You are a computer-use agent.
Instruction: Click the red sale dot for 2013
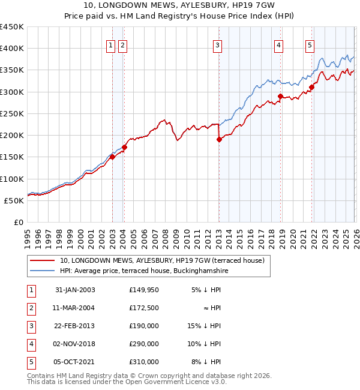coord(219,140)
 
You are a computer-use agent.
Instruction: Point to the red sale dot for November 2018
coord(280,96)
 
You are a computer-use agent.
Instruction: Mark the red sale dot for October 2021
coord(311,88)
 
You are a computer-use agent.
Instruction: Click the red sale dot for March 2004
coord(124,147)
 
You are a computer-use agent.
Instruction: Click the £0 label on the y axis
coord(19,222)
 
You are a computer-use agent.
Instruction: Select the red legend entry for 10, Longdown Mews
coord(166,260)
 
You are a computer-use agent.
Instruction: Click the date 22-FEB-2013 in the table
coord(75,326)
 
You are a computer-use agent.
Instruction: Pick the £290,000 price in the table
coord(144,344)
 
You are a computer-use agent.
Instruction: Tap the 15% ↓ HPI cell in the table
coord(205,326)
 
